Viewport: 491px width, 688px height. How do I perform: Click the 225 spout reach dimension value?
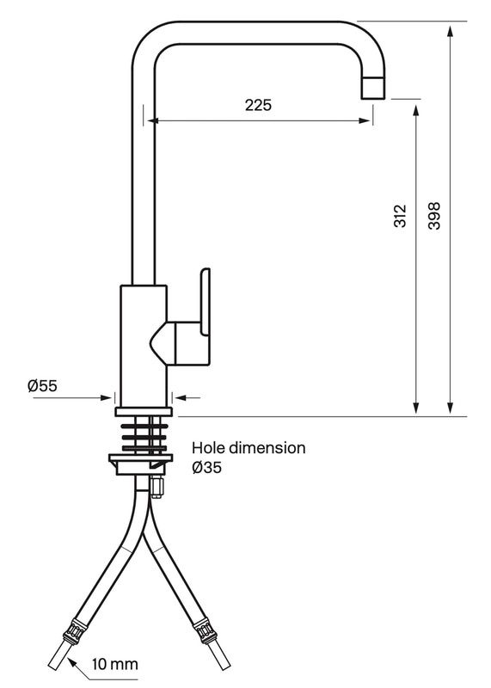tap(258, 105)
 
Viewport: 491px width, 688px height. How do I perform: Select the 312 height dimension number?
tap(400, 216)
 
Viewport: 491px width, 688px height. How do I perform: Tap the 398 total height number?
tap(433, 216)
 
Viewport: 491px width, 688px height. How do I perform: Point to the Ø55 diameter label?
tap(42, 385)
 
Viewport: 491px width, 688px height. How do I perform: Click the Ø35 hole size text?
tap(206, 468)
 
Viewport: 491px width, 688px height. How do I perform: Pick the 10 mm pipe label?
tap(115, 664)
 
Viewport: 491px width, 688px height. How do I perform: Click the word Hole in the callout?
tap(208, 448)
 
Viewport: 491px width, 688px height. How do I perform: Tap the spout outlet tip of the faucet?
tap(373, 88)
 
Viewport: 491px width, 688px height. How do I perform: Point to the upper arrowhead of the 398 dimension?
tap(451, 31)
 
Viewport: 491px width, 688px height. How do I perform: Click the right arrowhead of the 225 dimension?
tap(365, 120)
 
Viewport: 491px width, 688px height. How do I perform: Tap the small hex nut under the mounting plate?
tap(157, 487)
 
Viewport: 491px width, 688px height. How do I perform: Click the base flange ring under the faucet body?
tap(144, 412)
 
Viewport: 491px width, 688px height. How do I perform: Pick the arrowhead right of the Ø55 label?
tap(106, 398)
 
